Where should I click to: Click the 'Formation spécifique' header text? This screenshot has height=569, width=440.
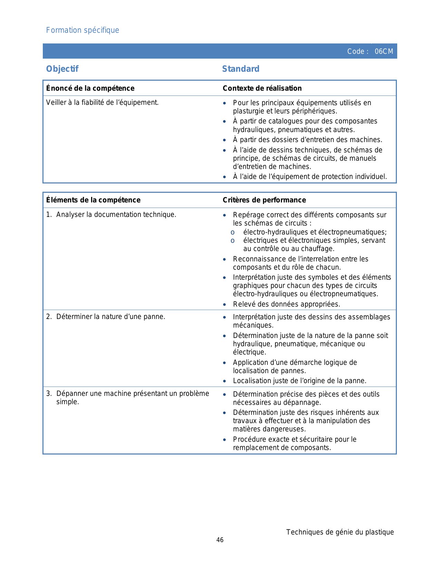tap(82, 30)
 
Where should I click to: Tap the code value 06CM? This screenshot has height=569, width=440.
tap(384, 51)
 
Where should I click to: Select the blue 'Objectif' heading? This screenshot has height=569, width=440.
tap(62, 69)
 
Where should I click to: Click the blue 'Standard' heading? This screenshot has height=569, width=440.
tap(241, 69)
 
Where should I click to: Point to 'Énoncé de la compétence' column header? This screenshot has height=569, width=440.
tap(90, 88)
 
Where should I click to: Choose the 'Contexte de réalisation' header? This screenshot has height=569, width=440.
tap(262, 88)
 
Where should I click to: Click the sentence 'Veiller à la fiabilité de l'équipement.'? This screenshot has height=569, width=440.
tap(102, 102)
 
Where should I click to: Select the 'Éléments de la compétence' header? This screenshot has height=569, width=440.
tap(93, 200)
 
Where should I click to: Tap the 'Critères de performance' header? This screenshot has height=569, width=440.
tap(264, 200)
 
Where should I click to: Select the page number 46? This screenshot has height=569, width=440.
tap(220, 540)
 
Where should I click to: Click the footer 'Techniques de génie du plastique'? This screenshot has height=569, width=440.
tap(340, 532)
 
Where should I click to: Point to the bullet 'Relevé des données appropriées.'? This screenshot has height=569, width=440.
tap(286, 304)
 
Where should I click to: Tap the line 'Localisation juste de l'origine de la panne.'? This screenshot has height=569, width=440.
tap(300, 381)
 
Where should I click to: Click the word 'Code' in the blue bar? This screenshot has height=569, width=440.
tap(356, 51)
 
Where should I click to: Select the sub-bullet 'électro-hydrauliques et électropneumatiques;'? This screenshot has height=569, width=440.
tap(315, 232)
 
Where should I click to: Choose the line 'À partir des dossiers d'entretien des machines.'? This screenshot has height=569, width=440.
tap(307, 140)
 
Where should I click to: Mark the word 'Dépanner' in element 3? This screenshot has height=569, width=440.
tap(70, 393)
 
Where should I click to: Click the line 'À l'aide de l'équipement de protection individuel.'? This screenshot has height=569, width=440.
tap(310, 177)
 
